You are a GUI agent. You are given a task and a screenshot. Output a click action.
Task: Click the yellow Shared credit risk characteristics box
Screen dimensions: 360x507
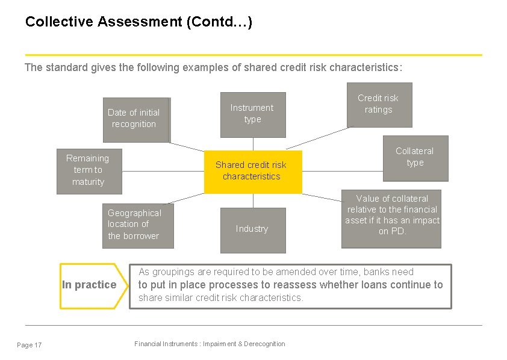point(252,171)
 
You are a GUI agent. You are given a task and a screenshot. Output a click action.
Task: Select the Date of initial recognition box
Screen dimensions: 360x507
point(135,119)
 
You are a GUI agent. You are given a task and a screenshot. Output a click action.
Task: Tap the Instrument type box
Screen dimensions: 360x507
point(252,114)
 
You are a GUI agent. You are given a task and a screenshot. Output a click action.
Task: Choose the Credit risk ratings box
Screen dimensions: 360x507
point(379,105)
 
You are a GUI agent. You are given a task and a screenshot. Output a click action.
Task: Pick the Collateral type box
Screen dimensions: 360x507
point(415,158)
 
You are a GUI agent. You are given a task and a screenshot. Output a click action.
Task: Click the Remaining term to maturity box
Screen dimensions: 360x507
point(89,170)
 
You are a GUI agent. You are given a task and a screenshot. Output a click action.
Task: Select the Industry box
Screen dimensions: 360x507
point(252,229)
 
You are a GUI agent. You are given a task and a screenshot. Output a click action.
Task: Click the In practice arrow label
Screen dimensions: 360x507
point(90,285)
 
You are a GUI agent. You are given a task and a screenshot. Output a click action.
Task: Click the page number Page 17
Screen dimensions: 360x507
point(30,345)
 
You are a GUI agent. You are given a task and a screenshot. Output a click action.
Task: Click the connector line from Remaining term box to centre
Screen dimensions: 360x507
point(163,171)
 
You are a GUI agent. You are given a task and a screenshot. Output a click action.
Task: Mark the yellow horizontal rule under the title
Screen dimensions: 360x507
point(253,55)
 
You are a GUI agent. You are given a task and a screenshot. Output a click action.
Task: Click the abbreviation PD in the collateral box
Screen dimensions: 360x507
point(398,232)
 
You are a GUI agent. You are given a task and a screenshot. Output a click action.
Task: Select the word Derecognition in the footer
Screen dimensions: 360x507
point(262,344)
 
